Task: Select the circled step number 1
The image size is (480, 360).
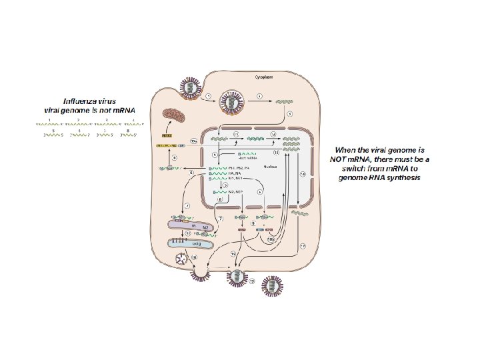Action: point(208,97)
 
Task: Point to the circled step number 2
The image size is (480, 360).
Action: point(259,97)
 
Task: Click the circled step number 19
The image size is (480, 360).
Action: point(252,281)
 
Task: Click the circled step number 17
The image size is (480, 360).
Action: point(302,246)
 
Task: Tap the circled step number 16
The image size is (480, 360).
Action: point(195,257)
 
